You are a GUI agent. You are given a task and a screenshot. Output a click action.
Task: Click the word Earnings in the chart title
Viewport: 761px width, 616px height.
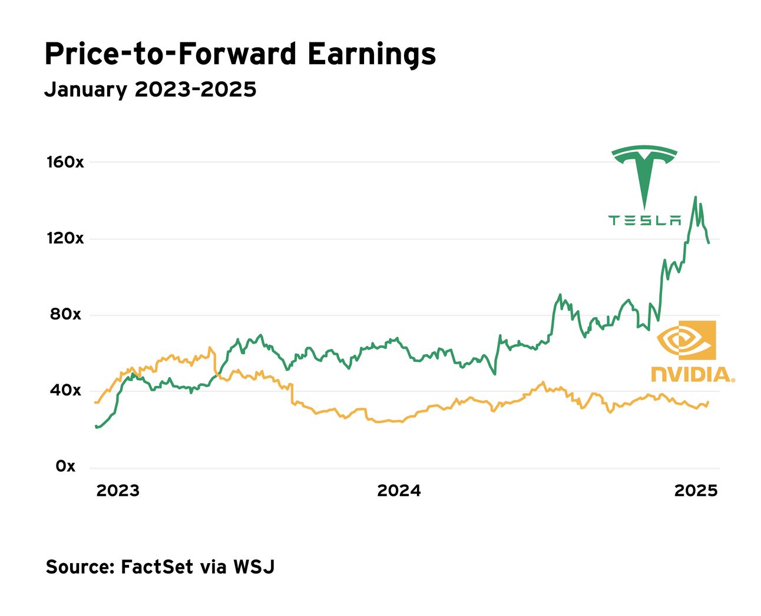click(x=371, y=55)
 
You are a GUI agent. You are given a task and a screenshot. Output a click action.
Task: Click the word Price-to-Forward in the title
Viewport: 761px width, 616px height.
click(x=170, y=54)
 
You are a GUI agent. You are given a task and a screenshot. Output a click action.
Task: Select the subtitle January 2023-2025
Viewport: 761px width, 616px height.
click(x=150, y=89)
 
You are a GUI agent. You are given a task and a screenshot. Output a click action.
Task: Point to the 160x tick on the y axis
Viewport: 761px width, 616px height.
click(x=65, y=162)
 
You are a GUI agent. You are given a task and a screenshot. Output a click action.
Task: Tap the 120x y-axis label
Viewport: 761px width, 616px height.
click(x=65, y=238)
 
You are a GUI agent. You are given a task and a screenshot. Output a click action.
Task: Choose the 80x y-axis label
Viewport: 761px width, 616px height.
click(x=65, y=314)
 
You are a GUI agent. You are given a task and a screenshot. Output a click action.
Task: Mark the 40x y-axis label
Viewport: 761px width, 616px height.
click(x=65, y=390)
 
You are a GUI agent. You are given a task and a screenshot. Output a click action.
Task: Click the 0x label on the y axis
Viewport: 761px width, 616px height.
click(x=65, y=466)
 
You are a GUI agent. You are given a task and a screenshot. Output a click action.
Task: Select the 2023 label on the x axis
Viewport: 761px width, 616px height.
click(x=118, y=491)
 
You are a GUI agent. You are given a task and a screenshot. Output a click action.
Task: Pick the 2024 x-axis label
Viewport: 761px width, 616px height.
click(x=399, y=491)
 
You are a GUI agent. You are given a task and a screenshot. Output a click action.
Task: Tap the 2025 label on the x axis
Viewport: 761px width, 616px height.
click(x=696, y=491)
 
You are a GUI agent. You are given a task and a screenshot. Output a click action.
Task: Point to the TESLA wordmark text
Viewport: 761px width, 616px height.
click(x=644, y=221)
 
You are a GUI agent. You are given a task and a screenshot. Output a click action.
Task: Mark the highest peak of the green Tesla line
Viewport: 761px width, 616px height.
click(x=696, y=197)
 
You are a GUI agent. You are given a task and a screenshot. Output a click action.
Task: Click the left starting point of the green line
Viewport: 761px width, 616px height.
click(x=96, y=426)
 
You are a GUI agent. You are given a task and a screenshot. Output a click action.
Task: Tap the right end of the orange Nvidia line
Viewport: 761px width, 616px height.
click(x=708, y=402)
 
